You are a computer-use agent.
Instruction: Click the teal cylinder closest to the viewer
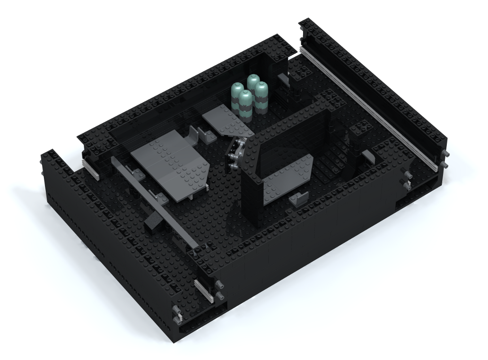[x=244, y=104]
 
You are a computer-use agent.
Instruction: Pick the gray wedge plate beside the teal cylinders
[x=227, y=121]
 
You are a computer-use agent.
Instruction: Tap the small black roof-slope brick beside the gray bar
[x=152, y=220]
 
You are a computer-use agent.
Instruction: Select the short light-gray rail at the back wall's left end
[x=91, y=170]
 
